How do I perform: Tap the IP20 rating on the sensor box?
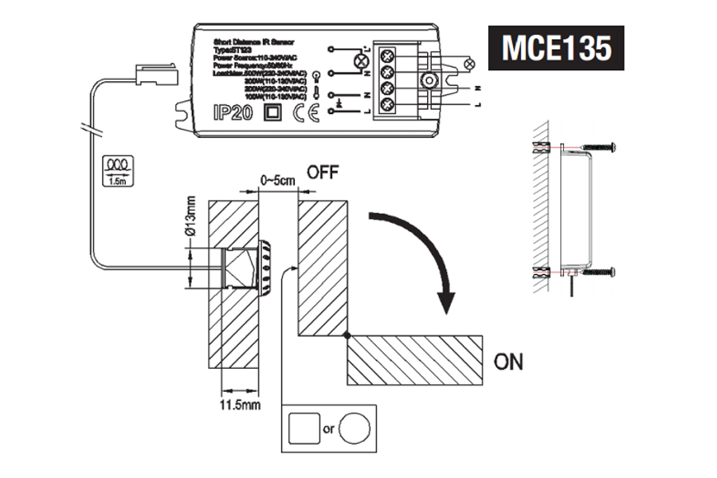[233, 112]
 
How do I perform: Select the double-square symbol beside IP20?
[272, 112]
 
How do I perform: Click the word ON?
[508, 362]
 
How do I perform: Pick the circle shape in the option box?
[355, 429]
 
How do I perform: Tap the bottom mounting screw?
[600, 272]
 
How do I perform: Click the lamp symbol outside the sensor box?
[470, 61]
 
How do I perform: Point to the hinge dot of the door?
[347, 336]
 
